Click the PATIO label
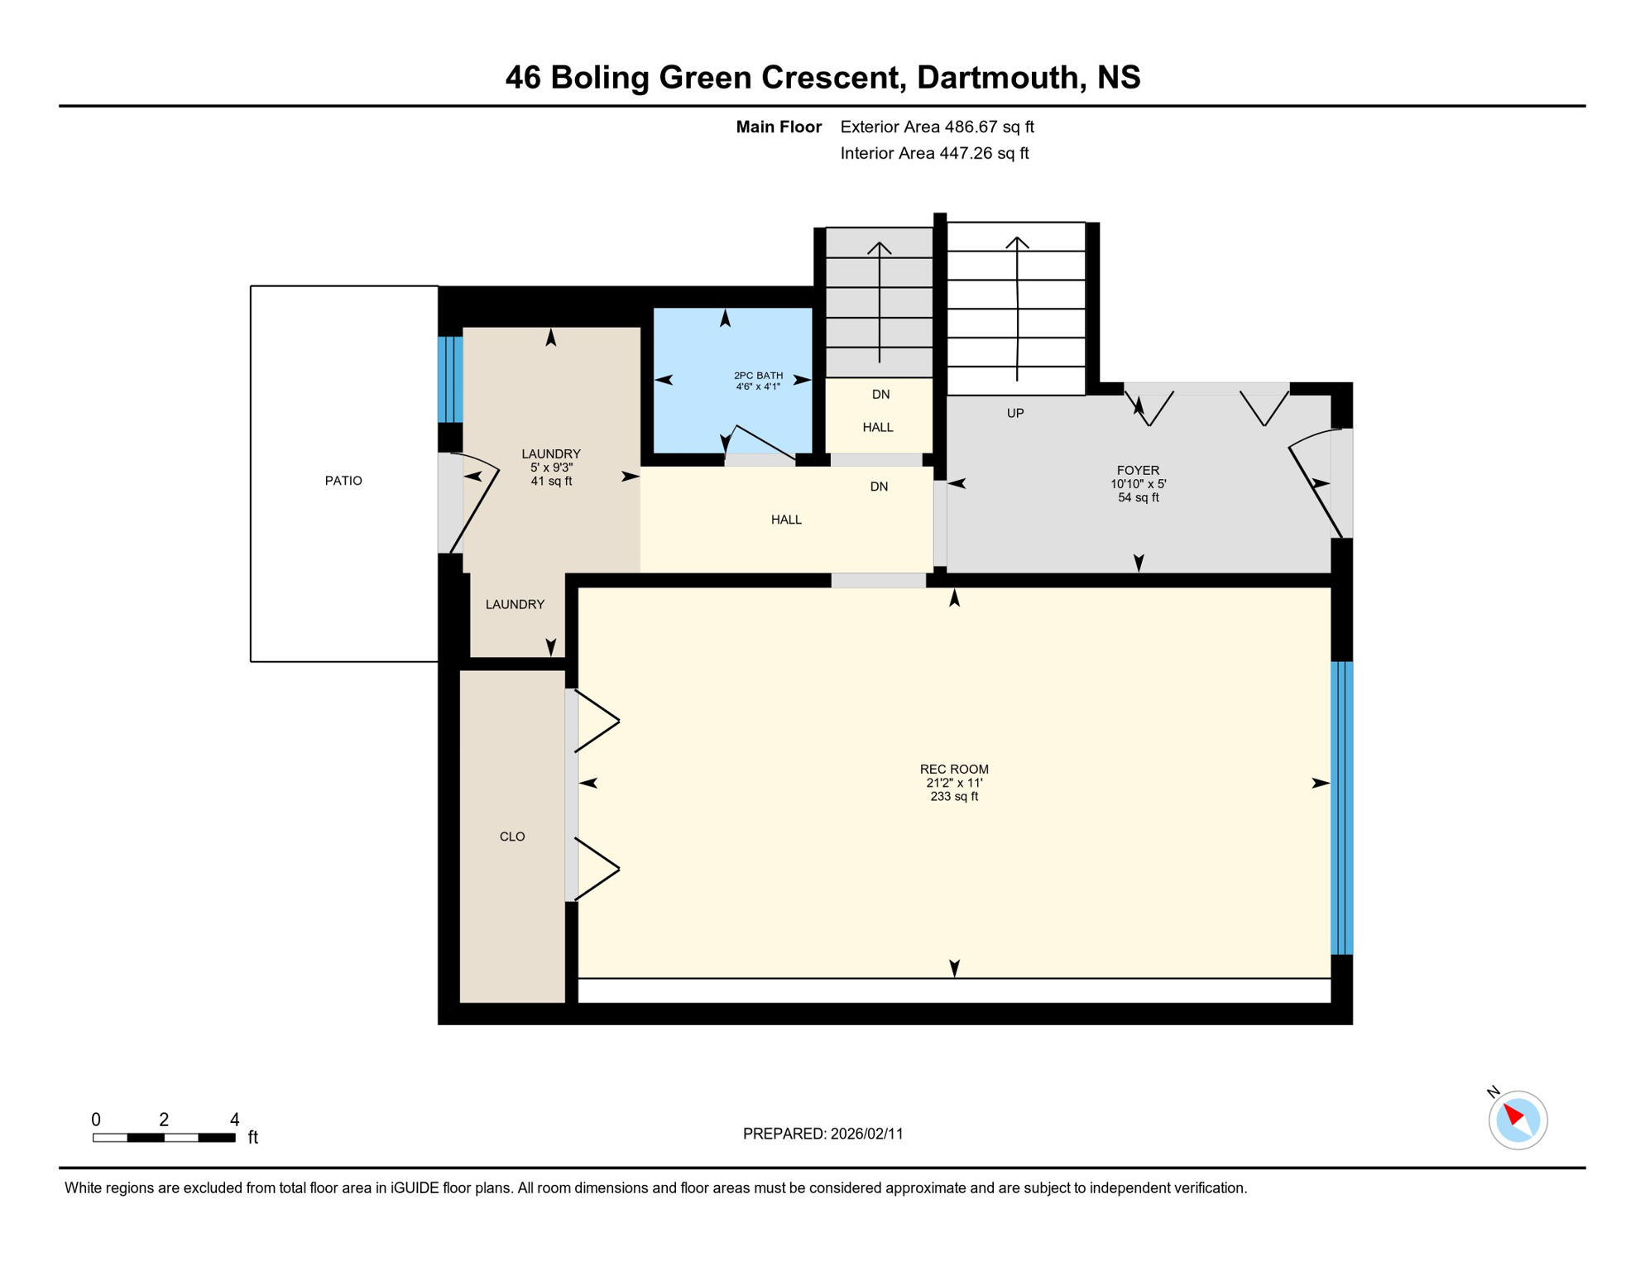pos(343,481)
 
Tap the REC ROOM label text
pos(954,770)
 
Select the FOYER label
pos(1138,470)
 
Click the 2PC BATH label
pos(758,376)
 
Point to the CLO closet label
pos(512,837)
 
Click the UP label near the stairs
pos(1015,413)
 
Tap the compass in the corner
pos(1518,1120)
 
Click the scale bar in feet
pos(164,1138)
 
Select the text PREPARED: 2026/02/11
pos(822,1134)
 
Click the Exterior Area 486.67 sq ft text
pos(937,127)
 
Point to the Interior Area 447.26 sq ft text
pos(934,153)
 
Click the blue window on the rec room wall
pos(1341,808)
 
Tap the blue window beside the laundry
pos(450,380)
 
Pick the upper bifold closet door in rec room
pos(597,722)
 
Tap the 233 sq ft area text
pos(954,797)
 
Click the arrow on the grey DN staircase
pos(879,302)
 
